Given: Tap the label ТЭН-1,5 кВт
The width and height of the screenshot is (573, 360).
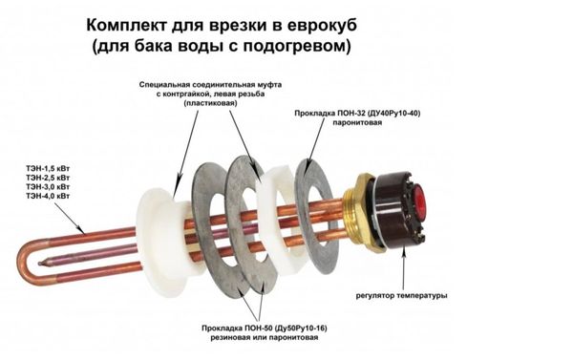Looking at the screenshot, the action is (x=48, y=168).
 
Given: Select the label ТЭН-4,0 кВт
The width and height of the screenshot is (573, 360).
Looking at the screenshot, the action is (x=48, y=196).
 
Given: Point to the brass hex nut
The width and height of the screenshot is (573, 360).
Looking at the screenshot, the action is (x=363, y=211).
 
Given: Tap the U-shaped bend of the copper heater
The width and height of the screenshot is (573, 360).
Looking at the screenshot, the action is (x=27, y=260).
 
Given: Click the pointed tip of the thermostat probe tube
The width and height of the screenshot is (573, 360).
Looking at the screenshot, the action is (x=39, y=263).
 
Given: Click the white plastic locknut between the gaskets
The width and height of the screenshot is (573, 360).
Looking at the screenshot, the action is (x=276, y=217).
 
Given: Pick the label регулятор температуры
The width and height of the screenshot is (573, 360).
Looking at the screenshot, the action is (x=402, y=295).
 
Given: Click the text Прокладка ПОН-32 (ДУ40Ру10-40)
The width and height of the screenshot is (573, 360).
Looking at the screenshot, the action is (x=357, y=114).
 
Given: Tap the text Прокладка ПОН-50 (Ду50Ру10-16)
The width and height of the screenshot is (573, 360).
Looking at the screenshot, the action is (x=265, y=328).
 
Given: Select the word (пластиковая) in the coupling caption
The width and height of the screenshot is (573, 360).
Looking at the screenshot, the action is (x=210, y=103).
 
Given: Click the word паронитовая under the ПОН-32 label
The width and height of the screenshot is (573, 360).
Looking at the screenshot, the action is (x=357, y=122).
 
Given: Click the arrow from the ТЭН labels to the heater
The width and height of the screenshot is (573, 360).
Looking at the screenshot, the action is (x=70, y=218).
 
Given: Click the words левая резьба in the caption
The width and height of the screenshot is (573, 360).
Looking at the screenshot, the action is (x=239, y=94).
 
